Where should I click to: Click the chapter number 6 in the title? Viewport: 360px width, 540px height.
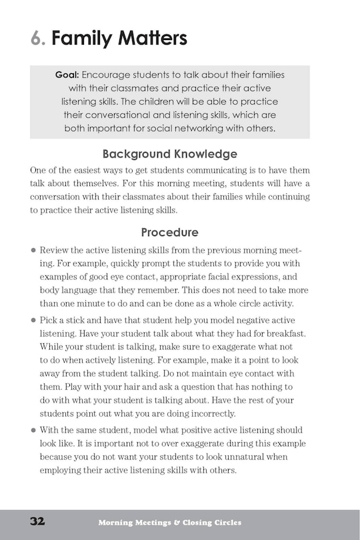tap(37, 39)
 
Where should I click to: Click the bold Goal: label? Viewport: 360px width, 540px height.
tap(67, 75)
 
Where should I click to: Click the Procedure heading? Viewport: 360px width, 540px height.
tap(169, 233)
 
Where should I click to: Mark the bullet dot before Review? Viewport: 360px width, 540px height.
tap(33, 250)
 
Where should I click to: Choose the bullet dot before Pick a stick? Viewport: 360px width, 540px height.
tap(33, 320)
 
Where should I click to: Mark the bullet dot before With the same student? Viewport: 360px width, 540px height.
tap(33, 431)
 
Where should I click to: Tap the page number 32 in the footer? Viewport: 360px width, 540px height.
tap(37, 521)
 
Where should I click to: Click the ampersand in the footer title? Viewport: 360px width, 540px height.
tap(177, 523)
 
